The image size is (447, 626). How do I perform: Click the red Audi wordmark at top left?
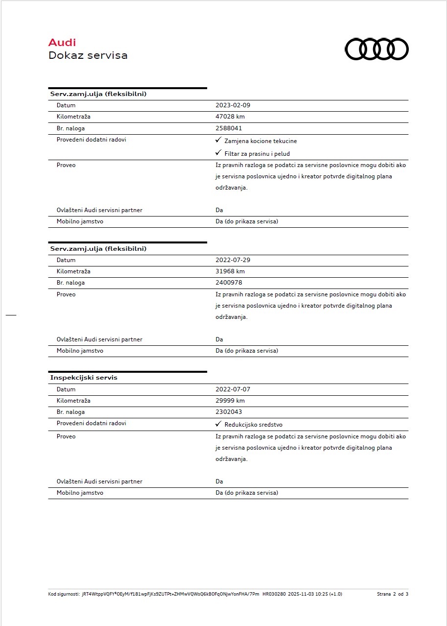(x=62, y=43)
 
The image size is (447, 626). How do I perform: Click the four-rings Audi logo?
(x=376, y=49)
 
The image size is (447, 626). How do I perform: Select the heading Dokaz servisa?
(x=88, y=55)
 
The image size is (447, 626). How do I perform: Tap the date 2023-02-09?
(x=233, y=105)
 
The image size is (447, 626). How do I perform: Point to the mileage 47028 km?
(x=230, y=117)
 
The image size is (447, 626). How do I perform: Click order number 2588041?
(x=229, y=128)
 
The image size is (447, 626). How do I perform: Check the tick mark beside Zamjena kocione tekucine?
(x=218, y=140)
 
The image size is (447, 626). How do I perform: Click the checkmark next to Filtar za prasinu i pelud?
(x=218, y=153)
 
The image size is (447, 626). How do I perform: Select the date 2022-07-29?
(x=233, y=260)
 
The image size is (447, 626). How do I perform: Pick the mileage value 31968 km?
(x=230, y=271)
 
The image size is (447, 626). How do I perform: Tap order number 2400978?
(x=229, y=283)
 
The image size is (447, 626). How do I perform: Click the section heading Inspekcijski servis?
(x=84, y=378)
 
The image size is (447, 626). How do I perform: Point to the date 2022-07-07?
(x=233, y=389)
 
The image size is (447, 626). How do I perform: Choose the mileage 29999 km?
(x=230, y=401)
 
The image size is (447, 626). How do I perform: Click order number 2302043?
(x=229, y=412)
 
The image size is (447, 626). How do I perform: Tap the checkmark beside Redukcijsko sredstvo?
(x=218, y=424)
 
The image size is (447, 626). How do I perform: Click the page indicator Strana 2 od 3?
(x=393, y=594)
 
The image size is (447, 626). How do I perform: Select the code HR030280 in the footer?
(x=274, y=594)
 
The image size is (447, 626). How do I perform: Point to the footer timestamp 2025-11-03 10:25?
(x=307, y=594)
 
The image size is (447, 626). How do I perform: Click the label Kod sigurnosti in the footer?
(x=64, y=594)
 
